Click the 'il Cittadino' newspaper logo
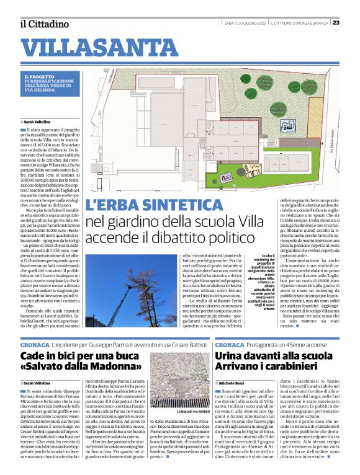(44, 24)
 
